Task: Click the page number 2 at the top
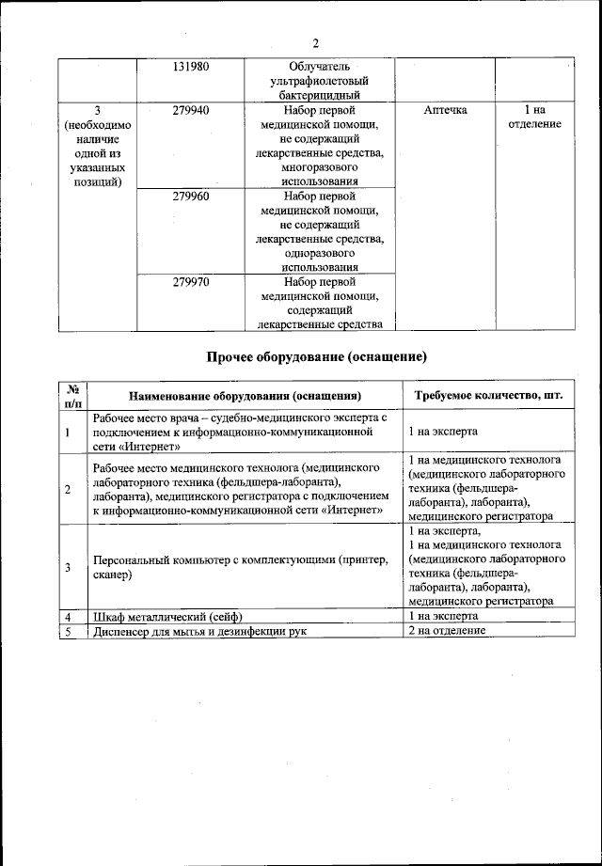316,43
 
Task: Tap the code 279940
191,110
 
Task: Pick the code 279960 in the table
191,197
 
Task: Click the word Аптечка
445,110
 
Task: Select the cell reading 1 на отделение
534,118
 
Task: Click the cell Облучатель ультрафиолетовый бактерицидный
319,81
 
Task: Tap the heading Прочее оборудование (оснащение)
317,357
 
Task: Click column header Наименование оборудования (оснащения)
246,396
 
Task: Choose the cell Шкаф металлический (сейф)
168,616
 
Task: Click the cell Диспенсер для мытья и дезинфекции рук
200,630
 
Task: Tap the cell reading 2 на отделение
447,630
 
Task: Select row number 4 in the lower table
69,616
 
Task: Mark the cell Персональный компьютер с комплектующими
240,567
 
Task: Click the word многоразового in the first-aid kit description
319,167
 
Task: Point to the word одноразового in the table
319,254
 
